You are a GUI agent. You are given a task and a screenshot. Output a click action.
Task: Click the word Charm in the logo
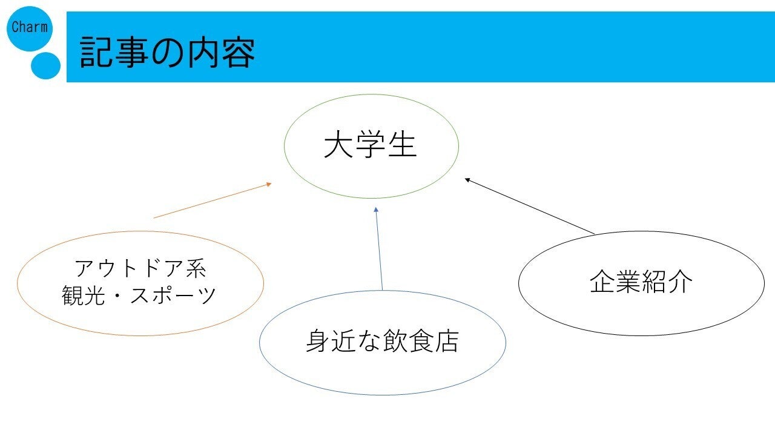point(30,27)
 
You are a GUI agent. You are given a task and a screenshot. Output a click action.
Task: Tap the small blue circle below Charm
point(45,66)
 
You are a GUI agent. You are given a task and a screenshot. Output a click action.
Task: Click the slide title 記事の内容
point(167,52)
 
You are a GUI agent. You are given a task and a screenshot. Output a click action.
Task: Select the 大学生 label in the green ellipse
point(370,145)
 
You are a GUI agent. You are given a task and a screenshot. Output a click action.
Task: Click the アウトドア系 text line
point(140,268)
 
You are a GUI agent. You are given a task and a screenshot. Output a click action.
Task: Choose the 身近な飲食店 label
point(382,341)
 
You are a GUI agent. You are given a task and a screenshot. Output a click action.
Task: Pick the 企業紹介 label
point(641,282)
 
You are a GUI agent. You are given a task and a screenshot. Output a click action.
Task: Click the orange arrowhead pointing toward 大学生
point(268,185)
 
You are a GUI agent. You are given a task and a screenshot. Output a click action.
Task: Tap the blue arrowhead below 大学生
point(376,210)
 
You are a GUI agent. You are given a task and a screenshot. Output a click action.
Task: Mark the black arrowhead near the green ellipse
point(467,180)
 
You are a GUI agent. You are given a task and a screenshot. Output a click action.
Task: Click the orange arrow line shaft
point(211,201)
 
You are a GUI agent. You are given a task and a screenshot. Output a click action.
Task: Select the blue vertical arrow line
point(379,248)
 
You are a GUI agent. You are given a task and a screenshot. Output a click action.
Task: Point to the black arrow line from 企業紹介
point(529,206)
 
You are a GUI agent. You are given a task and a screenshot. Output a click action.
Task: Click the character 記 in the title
point(95,52)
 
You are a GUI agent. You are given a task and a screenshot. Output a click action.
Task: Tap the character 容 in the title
point(239,53)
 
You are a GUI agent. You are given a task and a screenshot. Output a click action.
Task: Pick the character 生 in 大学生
point(402,145)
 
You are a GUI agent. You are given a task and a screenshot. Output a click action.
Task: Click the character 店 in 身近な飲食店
point(447,341)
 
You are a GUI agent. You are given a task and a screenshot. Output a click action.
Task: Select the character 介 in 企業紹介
point(681,282)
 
